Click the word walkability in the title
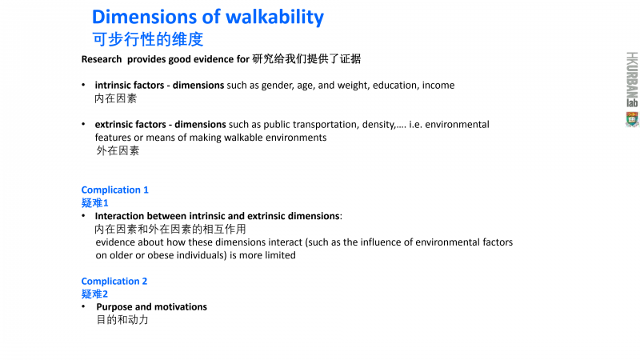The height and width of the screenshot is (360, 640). [x=274, y=18]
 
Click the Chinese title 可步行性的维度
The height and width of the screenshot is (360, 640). [x=148, y=39]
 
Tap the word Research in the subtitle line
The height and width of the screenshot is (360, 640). [x=102, y=59]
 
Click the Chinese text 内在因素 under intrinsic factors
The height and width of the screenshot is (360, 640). [x=115, y=98]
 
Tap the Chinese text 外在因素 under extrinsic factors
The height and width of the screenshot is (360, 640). [x=118, y=150]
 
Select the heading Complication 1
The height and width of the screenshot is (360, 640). [x=114, y=190]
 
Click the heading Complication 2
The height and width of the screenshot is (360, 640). [x=114, y=282]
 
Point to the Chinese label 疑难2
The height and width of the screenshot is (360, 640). [x=94, y=294]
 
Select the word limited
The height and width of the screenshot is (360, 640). [x=280, y=255]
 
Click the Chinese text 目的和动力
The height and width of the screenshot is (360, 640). [x=122, y=319]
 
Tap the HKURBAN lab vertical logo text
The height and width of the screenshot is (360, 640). [x=632, y=79]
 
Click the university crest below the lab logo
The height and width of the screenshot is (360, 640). [x=632, y=119]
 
